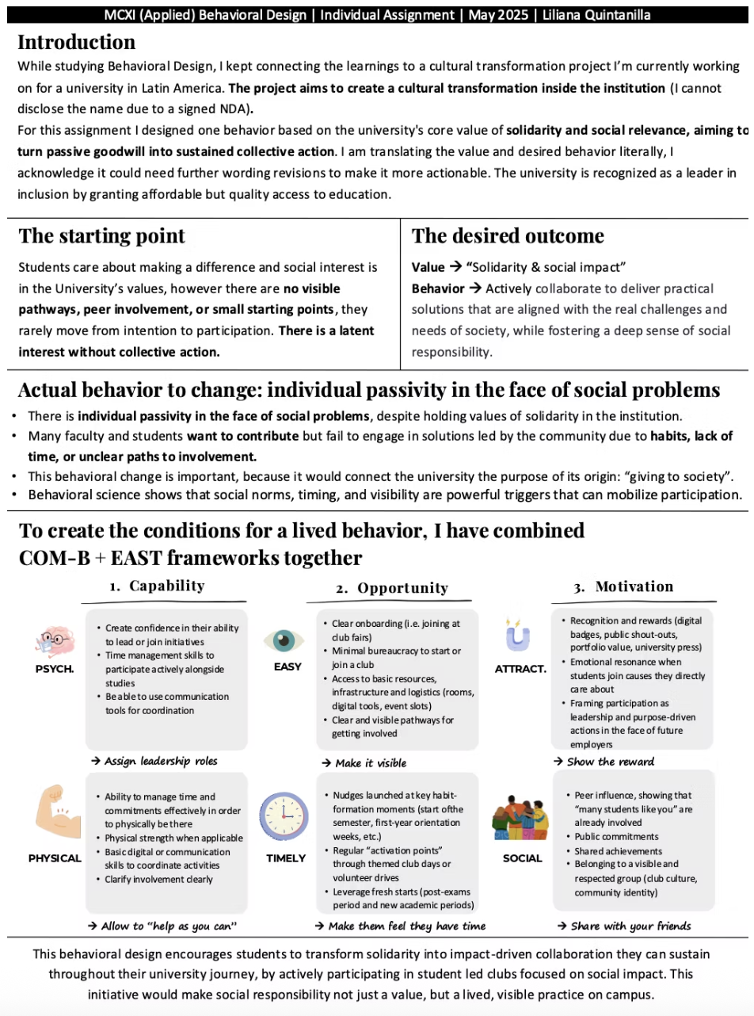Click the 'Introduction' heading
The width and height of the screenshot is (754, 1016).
pos(76,42)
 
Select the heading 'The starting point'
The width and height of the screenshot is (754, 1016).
pos(101,236)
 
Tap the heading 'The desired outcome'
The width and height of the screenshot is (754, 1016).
pos(508,236)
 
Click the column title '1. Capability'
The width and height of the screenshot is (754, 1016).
pos(157,586)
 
